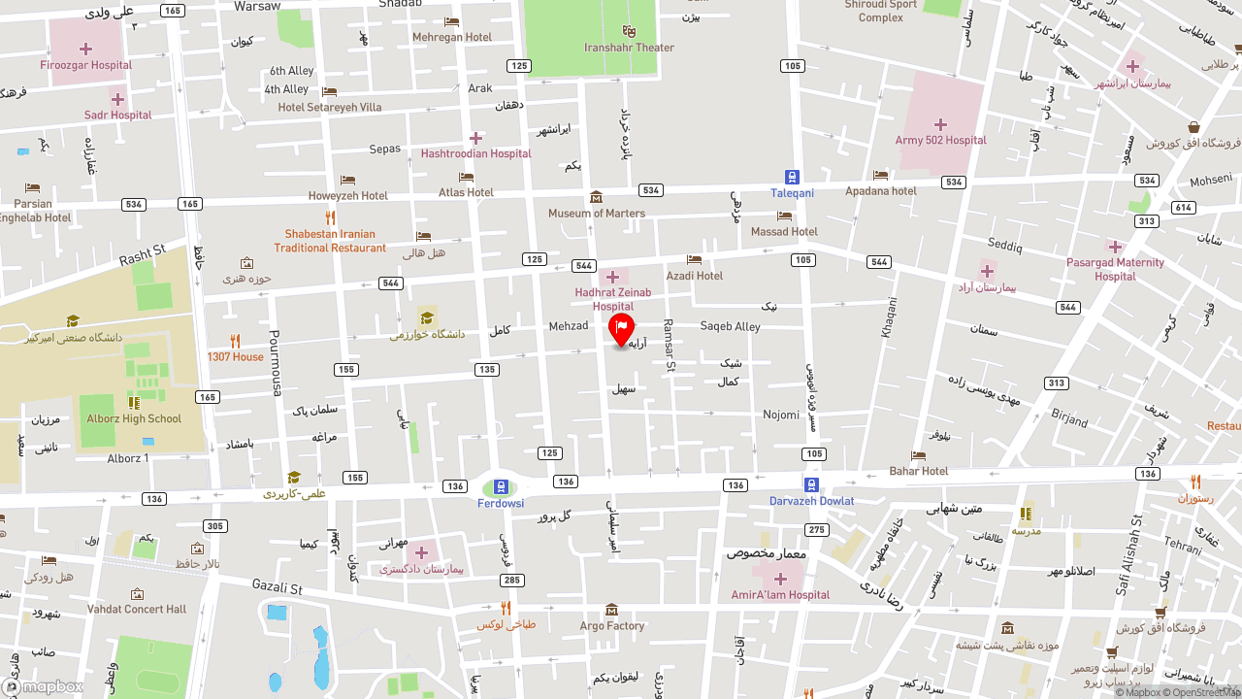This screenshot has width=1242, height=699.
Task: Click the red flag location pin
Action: point(621,328)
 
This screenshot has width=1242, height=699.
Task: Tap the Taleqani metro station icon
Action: point(792,178)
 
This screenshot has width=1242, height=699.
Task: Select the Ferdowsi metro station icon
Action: point(501,486)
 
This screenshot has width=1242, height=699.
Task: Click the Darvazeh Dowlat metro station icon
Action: point(811,484)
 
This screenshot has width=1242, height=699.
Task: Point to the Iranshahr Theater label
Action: point(629,48)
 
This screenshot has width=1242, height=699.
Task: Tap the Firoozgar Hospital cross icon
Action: point(85,49)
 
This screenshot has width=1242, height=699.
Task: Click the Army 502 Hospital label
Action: point(940,140)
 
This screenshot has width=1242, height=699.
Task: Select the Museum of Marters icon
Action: point(596,197)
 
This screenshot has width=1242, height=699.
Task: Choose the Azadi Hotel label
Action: point(695,276)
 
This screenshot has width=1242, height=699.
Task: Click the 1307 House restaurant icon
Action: point(235,341)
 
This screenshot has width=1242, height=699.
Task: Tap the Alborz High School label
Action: point(134,419)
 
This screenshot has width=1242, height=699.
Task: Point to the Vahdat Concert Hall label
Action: point(137,610)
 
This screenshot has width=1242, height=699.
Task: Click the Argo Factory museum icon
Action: point(611,610)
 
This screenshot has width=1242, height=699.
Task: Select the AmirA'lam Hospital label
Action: point(780,595)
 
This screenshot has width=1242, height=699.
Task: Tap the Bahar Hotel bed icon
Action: point(918,455)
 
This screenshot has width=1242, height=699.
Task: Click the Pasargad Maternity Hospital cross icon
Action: point(1115,247)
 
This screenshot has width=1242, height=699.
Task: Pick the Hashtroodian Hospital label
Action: point(475,153)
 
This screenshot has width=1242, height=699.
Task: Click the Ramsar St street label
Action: point(668,345)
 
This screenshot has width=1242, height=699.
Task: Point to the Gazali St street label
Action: point(278,588)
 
